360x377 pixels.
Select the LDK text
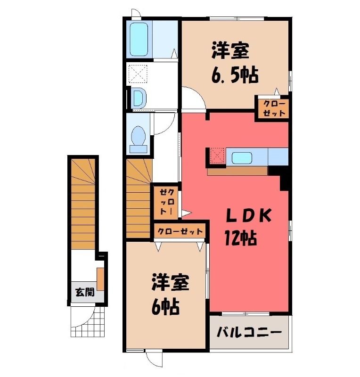(249, 215)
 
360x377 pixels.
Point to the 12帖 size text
(240, 238)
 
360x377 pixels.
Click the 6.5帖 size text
(235, 75)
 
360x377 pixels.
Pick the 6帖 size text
(166, 307)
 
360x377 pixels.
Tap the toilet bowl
(138, 139)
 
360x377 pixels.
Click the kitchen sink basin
(242, 158)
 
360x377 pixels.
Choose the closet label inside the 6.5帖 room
(274, 108)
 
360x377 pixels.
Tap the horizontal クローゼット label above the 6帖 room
(180, 231)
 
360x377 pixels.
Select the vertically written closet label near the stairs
(167, 202)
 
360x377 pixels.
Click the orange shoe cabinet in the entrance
(100, 279)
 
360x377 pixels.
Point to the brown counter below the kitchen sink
(237, 171)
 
